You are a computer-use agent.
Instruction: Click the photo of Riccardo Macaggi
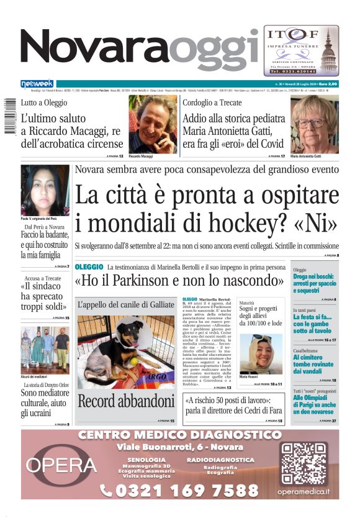(153, 124)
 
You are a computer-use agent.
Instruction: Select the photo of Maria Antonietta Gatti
(314, 124)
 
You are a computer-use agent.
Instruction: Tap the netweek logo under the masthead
(37, 83)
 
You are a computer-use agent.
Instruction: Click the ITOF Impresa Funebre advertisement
(301, 50)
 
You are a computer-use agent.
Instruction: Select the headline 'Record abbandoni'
(126, 401)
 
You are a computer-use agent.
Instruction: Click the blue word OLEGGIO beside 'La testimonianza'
(89, 266)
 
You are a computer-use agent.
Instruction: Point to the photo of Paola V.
(45, 190)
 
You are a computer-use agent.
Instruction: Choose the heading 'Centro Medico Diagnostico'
(179, 435)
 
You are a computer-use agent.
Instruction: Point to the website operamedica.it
(303, 493)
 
